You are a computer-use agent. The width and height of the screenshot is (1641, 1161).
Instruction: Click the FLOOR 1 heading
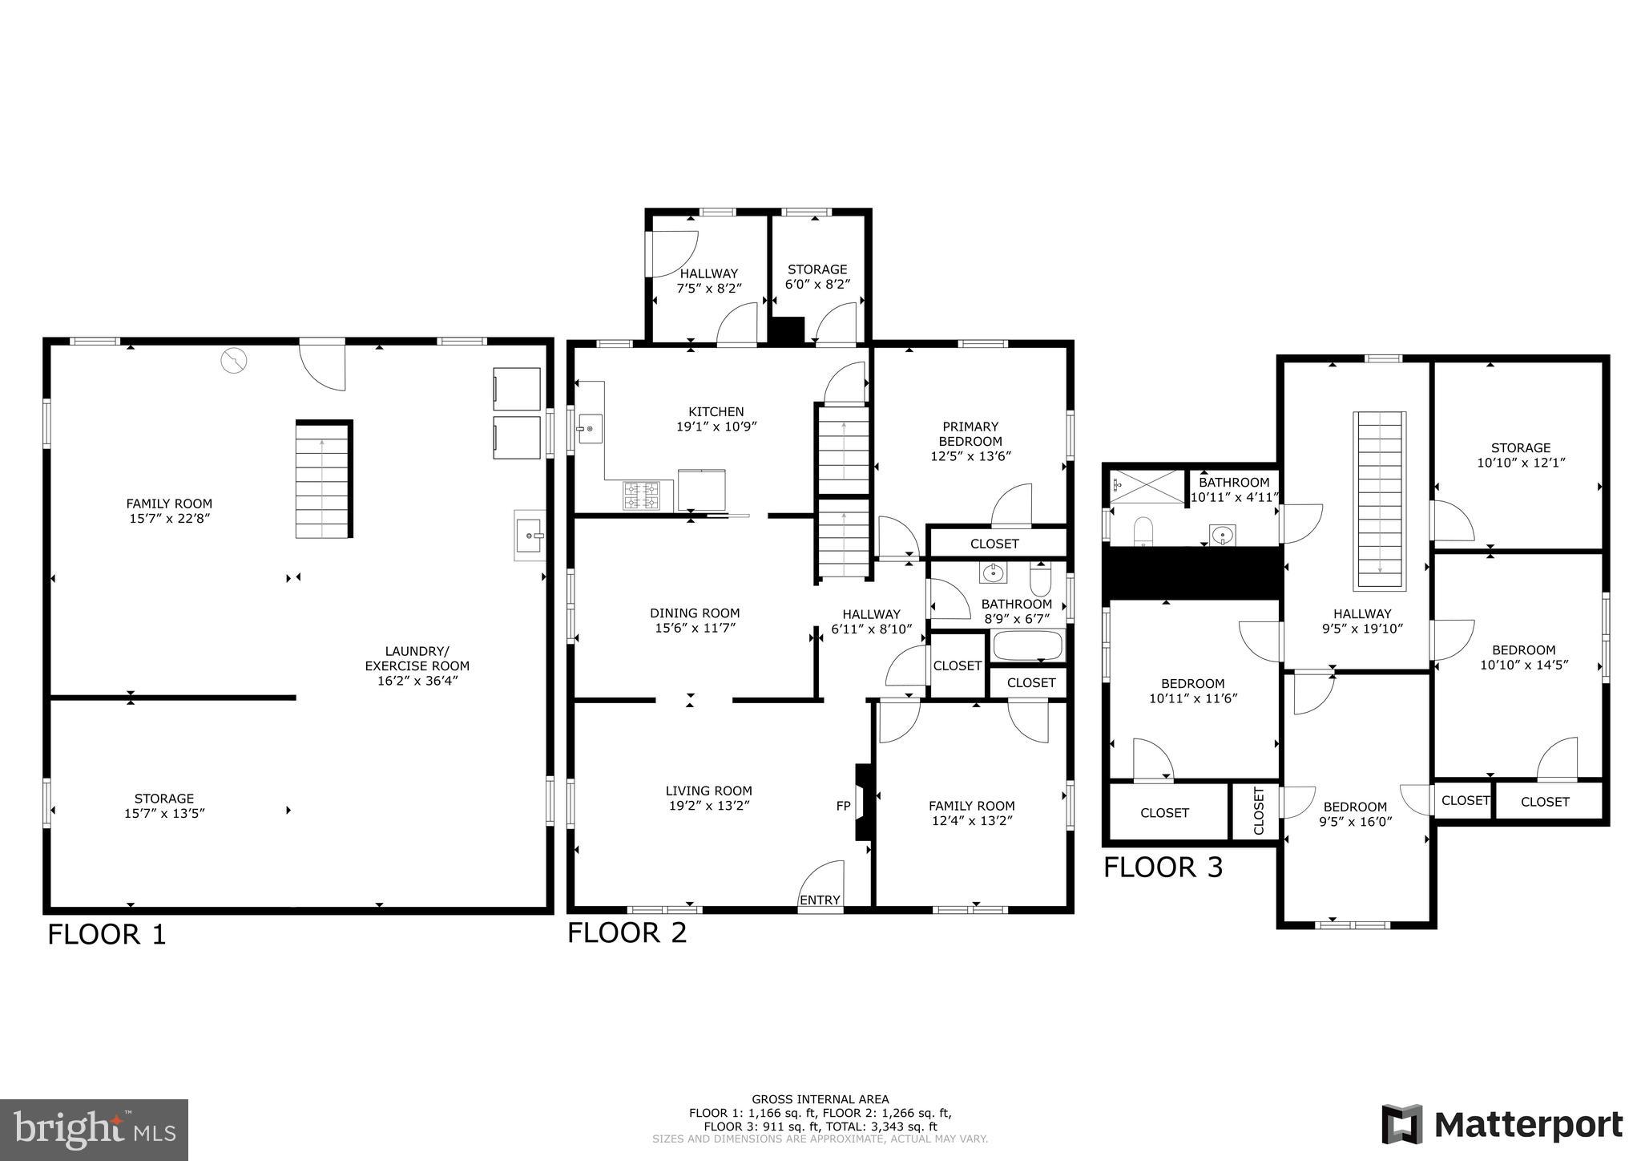coord(107,935)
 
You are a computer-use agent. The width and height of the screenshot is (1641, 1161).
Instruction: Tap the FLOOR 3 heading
coord(1163,868)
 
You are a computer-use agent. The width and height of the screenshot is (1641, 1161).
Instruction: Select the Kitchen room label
coord(716,411)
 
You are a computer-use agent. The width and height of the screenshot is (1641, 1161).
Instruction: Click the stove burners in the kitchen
coord(642,495)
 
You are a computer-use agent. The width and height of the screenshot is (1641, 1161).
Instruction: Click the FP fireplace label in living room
coord(843,806)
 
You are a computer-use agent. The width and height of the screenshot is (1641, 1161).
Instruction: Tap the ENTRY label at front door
coord(820,900)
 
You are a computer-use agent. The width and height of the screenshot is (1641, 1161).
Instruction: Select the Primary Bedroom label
coord(970,434)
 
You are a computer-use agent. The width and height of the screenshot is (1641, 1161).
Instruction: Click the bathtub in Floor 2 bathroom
coord(1027,645)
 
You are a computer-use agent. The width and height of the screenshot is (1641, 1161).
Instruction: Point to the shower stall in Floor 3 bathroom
coord(1146,487)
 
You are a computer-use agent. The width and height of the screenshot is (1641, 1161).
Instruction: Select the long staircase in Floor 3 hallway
coord(1380,501)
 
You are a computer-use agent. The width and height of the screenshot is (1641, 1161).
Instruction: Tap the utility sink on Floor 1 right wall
coord(530,535)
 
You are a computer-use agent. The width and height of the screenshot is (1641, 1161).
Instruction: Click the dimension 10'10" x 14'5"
coord(1523,665)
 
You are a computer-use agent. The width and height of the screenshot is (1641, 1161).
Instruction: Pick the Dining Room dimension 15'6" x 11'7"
coord(695,628)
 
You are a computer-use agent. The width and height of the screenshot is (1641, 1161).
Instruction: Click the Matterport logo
coord(1502,1124)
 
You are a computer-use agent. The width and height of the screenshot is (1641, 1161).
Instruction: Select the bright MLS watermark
coord(94,1130)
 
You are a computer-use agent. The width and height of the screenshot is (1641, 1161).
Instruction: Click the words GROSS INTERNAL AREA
coord(820,1099)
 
